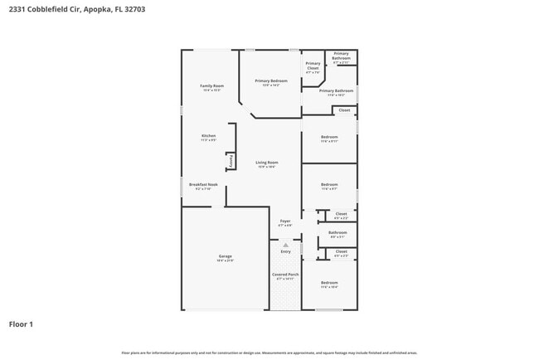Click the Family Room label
(212, 85)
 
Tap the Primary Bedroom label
(270, 80)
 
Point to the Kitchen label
(208, 135)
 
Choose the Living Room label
(266, 162)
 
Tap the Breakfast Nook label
(203, 184)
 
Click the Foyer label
(284, 221)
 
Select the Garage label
(225, 255)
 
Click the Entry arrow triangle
(285, 245)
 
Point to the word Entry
(285, 251)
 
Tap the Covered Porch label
(285, 274)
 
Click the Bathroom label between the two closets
(337, 232)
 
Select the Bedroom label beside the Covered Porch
(329, 283)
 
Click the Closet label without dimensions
(344, 109)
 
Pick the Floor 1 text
(21, 324)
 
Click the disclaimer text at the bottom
(269, 352)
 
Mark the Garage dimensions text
(225, 260)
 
